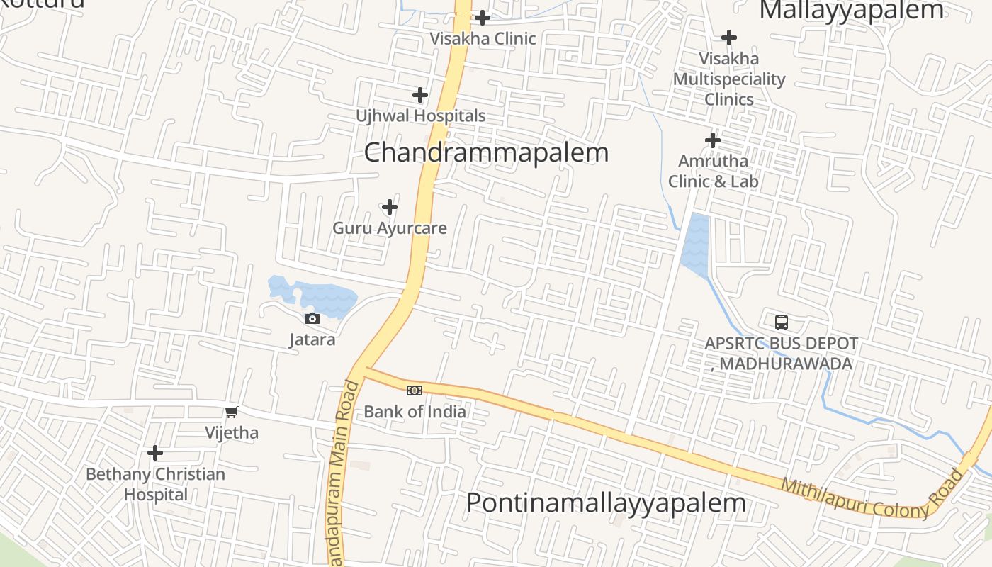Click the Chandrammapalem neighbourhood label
coord(486,152)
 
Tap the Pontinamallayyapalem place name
coord(606,503)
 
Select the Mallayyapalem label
coord(851,11)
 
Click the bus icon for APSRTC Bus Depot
coord(781,322)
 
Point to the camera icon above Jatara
coord(312,319)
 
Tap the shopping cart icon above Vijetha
coord(232,412)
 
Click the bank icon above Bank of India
coord(415,390)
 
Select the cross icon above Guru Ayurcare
coord(390,208)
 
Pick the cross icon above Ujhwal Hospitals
coord(420,94)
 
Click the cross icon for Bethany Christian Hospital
coord(155,453)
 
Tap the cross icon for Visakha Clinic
coord(483,17)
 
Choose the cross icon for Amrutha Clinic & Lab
coord(713,140)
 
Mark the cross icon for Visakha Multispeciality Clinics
coord(728,38)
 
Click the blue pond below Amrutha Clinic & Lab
coord(695,245)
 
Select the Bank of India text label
coord(415,411)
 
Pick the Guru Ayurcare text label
coord(390,228)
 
